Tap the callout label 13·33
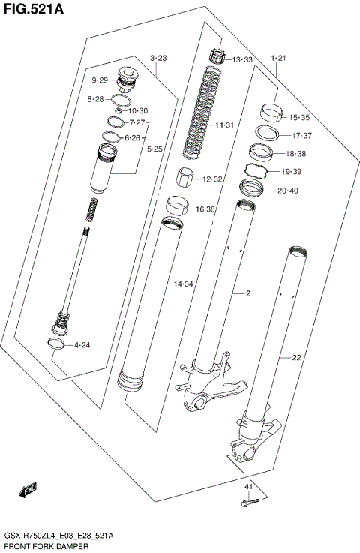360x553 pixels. [242, 59]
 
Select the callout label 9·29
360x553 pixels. [100, 80]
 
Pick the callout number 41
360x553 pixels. [248, 488]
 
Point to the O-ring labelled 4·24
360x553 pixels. [55, 344]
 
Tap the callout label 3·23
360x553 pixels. [157, 58]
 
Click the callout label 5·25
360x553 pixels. [154, 149]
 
